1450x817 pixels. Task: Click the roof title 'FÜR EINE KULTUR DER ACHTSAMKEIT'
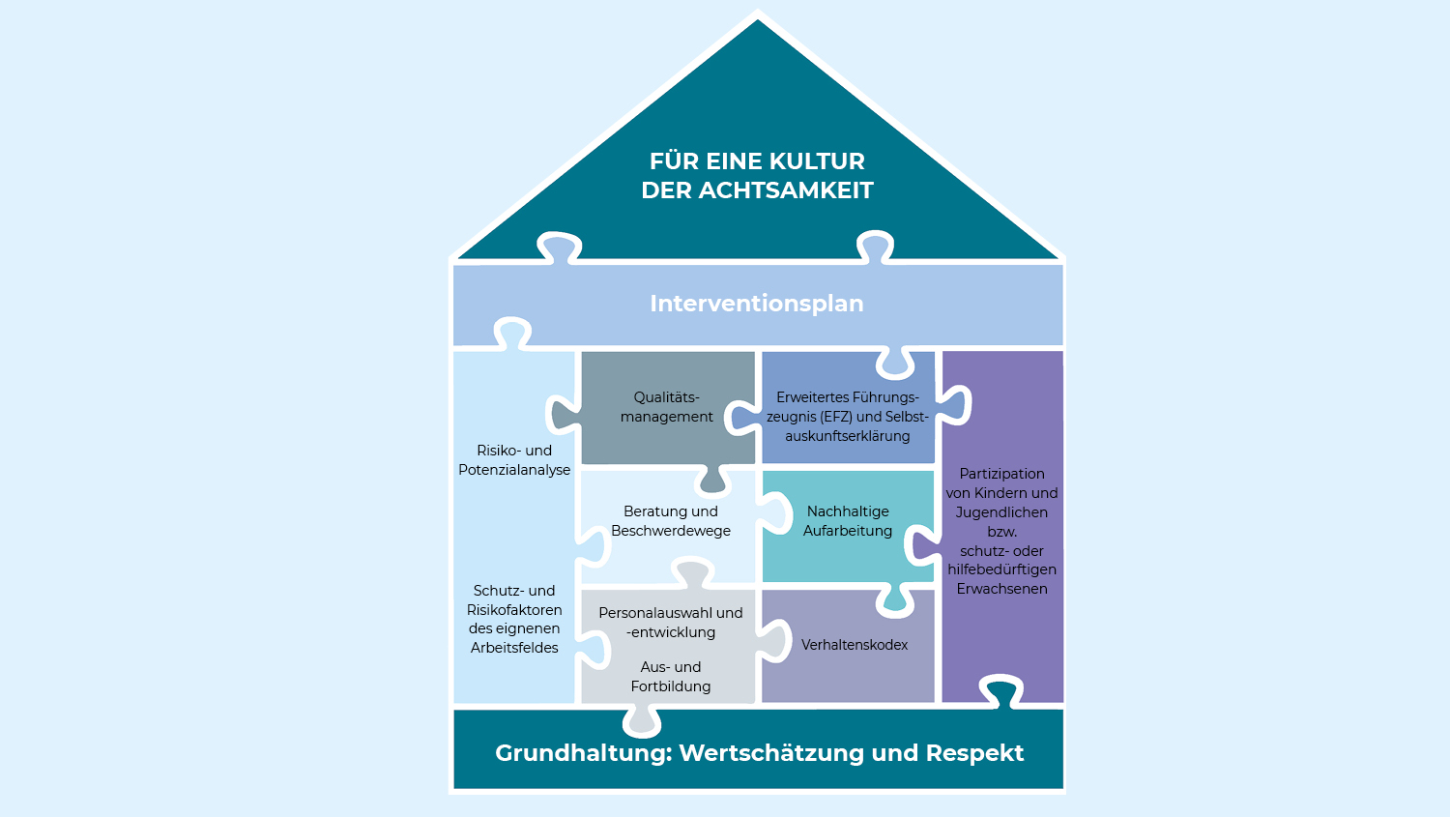(x=757, y=175)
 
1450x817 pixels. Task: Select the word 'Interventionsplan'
(x=756, y=304)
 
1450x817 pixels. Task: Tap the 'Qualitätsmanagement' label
(x=666, y=407)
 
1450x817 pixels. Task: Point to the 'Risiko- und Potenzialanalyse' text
(x=514, y=460)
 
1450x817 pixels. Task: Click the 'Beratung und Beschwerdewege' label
(x=670, y=521)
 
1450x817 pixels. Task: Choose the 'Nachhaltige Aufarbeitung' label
(x=848, y=521)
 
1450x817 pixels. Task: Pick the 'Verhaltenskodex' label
(x=854, y=645)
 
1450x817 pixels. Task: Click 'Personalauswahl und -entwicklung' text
(x=670, y=623)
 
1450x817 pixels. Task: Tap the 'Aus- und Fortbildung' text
(x=670, y=677)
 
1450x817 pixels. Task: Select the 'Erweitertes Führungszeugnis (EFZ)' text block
(x=847, y=417)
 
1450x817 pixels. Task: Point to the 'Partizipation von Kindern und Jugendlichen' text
(x=1001, y=493)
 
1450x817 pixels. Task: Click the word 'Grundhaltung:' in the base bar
(x=583, y=753)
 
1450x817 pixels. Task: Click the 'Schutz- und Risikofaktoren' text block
(x=514, y=619)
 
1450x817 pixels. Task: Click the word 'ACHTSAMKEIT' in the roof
(x=786, y=190)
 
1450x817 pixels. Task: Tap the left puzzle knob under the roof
(x=559, y=247)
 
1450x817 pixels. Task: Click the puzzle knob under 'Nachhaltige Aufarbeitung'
(x=894, y=599)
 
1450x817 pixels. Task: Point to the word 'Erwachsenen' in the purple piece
(x=1001, y=589)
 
